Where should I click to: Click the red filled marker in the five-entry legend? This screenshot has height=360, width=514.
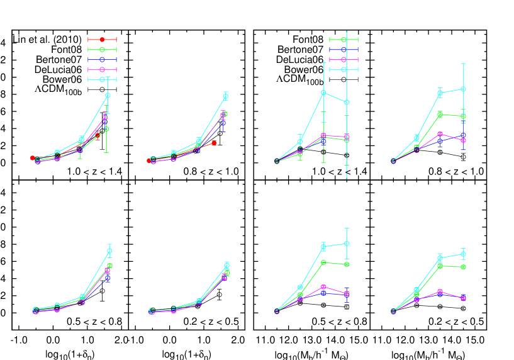pyautogui.click(x=102, y=40)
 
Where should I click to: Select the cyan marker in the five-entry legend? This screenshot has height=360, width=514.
pyautogui.click(x=102, y=79)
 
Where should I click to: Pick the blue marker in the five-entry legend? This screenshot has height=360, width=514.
pyautogui.click(x=102, y=60)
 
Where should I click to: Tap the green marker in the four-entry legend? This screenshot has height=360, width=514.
pyautogui.click(x=344, y=40)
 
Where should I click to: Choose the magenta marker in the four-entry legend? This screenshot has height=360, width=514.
pyautogui.click(x=344, y=60)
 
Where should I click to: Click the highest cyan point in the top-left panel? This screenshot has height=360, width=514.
pyautogui.click(x=108, y=95)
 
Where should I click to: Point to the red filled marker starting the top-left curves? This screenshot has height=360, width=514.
pyautogui.click(x=32, y=158)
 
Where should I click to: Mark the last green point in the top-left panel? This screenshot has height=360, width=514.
pyautogui.click(x=107, y=129)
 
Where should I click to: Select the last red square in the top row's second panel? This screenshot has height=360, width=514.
pyautogui.click(x=214, y=143)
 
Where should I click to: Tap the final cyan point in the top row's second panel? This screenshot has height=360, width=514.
pyautogui.click(x=225, y=97)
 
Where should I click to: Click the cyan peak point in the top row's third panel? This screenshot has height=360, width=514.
pyautogui.click(x=323, y=93)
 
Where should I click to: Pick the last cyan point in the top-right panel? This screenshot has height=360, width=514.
pyautogui.click(x=463, y=89)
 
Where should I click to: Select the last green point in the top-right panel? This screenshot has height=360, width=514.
pyautogui.click(x=463, y=116)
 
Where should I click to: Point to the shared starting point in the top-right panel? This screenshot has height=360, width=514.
pyautogui.click(x=393, y=161)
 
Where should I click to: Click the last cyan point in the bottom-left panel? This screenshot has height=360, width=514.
pyautogui.click(x=109, y=250)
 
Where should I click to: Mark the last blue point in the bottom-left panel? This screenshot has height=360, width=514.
pyautogui.click(x=108, y=278)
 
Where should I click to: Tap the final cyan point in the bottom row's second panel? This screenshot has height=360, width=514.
pyautogui.click(x=226, y=265)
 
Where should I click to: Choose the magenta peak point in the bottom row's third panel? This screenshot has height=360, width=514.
pyautogui.click(x=323, y=286)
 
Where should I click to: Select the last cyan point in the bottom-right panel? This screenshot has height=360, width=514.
pyautogui.click(x=463, y=254)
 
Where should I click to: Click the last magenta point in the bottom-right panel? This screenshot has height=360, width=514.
pyautogui.click(x=463, y=298)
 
